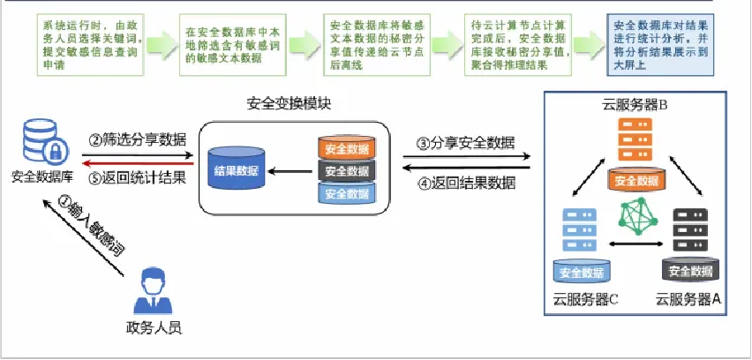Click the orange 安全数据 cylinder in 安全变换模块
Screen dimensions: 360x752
point(347,148)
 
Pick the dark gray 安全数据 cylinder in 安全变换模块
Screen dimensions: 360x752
point(347,170)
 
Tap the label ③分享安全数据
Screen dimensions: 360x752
point(466,144)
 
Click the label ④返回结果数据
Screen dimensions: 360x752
point(466,184)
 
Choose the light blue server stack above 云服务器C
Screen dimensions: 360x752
point(577,229)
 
